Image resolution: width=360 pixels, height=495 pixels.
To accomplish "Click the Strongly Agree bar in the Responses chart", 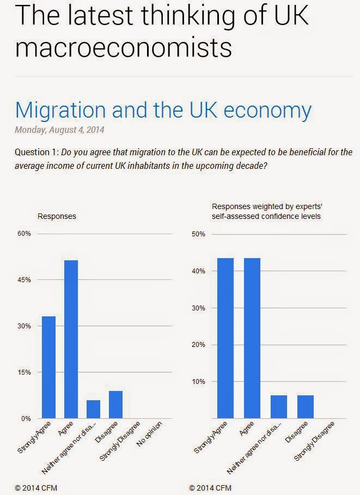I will click(x=48, y=368).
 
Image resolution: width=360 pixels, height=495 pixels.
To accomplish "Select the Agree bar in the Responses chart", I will click(x=71, y=339).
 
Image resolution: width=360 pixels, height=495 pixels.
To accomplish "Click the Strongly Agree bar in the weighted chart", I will click(x=225, y=338).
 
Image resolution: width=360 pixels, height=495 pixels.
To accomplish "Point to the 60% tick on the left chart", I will click(x=25, y=234).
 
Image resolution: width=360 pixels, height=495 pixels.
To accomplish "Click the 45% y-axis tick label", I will click(x=25, y=280).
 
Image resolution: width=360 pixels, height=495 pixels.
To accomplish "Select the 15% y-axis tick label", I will click(x=25, y=372).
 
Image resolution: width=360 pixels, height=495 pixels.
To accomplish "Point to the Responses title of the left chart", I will click(x=57, y=216).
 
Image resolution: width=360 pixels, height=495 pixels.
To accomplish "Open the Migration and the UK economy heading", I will click(x=163, y=110).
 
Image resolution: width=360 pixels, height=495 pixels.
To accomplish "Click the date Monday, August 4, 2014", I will click(x=59, y=130).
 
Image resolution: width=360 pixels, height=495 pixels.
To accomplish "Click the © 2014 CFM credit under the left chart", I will click(x=36, y=488).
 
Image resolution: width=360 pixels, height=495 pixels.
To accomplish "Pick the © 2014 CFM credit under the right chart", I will click(x=210, y=488).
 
